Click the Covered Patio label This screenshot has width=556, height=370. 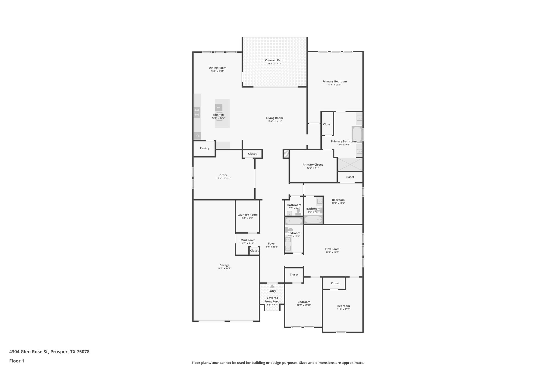click(x=274, y=60)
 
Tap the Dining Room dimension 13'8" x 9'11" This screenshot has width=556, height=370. click(x=217, y=71)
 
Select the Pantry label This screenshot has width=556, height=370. click(x=204, y=148)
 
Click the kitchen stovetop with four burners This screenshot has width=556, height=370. click(x=197, y=112)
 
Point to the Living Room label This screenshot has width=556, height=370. click(x=274, y=118)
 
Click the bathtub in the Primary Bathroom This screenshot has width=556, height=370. click(x=357, y=134)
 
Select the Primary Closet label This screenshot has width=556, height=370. click(x=312, y=165)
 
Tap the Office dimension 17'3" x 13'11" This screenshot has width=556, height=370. click(x=223, y=178)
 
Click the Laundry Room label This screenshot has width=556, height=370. click(x=247, y=215)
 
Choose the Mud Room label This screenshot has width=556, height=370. click(x=248, y=240)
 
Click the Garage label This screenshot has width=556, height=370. click(x=224, y=265)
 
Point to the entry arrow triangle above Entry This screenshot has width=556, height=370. click(x=272, y=286)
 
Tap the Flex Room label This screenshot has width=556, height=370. click(x=332, y=249)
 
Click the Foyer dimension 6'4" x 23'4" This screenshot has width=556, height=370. click(x=272, y=247)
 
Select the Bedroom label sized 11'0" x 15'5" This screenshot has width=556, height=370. click(x=343, y=306)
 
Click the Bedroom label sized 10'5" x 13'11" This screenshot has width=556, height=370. click(x=304, y=302)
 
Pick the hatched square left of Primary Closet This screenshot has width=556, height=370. click(x=286, y=154)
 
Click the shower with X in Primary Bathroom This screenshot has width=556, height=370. click(x=350, y=165)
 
